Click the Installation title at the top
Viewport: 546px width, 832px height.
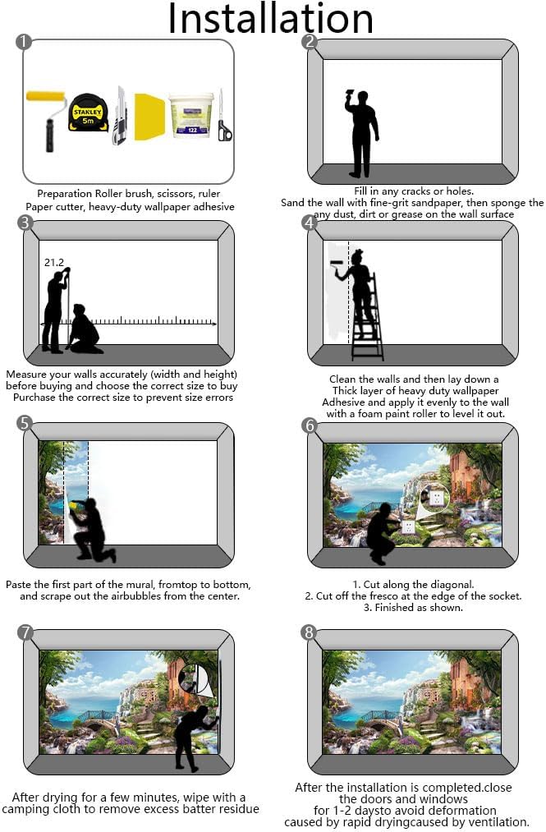(270, 19)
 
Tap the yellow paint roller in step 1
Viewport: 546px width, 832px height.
(47, 120)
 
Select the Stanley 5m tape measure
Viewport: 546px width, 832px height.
(89, 113)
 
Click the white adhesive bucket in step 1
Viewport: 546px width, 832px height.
(191, 115)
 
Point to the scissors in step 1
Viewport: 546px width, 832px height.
(224, 116)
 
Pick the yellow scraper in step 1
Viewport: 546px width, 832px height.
(150, 117)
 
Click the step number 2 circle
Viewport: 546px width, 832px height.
(309, 42)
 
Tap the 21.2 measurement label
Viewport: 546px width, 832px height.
(53, 262)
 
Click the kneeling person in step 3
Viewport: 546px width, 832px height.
(85, 329)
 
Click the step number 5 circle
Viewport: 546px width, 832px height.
(25, 423)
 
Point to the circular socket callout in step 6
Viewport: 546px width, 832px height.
(434, 499)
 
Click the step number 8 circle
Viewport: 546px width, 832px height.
(308, 632)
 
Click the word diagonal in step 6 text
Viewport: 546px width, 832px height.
(452, 584)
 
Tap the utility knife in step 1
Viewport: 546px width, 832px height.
(121, 116)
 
